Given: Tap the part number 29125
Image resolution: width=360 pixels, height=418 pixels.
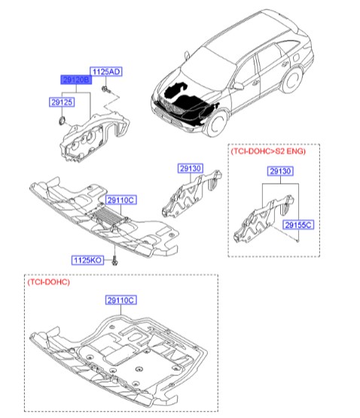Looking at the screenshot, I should tap(61, 100).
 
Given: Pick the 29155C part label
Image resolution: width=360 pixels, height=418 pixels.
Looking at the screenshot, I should tap(297, 224).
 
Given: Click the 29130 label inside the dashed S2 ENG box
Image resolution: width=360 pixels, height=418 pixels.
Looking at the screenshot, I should tap(279, 172).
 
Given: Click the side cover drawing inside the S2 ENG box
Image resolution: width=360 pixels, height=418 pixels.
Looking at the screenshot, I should tap(264, 215).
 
